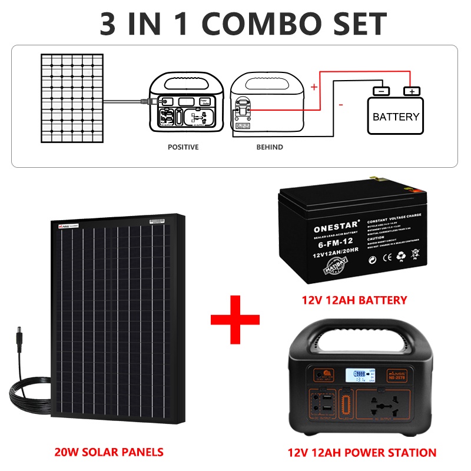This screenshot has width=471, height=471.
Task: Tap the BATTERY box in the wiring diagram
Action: [x=396, y=116]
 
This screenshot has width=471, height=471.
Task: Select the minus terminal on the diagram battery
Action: [x=381, y=91]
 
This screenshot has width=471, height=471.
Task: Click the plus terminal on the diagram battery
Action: [x=412, y=91]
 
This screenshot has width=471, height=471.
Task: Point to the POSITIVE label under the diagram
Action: [x=183, y=147]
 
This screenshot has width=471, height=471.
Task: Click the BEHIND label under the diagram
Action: [x=269, y=147]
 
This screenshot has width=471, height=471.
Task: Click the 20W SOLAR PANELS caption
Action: [x=108, y=452]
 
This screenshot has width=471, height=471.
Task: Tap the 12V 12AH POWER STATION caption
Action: [x=362, y=453]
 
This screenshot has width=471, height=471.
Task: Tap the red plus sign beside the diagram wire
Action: [x=314, y=87]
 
